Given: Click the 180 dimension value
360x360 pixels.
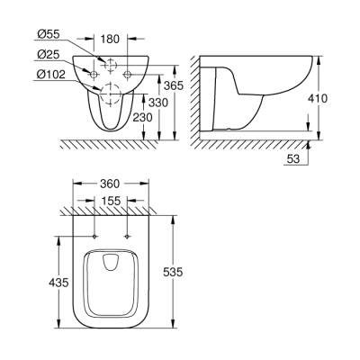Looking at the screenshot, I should pos(111,40).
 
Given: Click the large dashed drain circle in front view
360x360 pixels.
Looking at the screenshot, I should pos(111,91).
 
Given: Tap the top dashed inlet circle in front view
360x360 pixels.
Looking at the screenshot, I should pos(111,66).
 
